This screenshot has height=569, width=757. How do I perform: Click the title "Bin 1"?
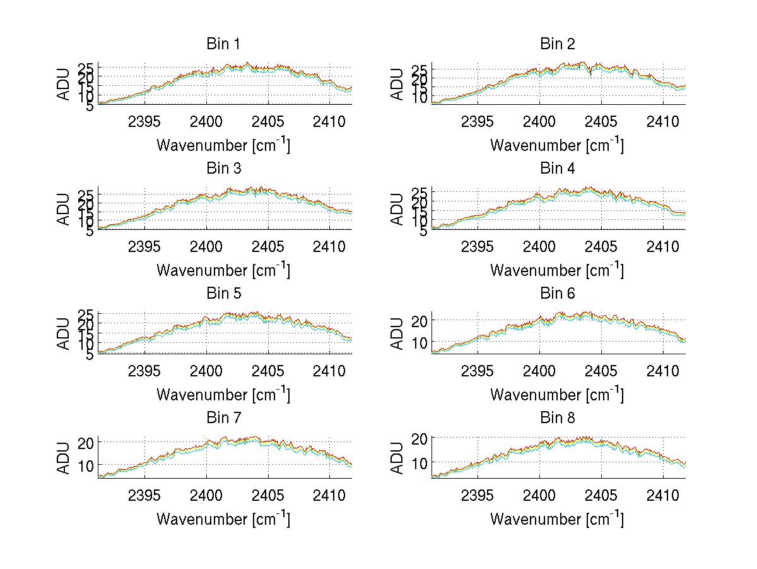[x=223, y=44]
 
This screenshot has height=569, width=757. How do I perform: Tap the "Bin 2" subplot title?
[x=557, y=44]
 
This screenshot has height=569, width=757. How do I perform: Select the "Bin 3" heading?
[x=223, y=169]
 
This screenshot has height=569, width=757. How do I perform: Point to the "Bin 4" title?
[x=557, y=169]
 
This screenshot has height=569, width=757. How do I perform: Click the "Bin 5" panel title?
[x=223, y=294]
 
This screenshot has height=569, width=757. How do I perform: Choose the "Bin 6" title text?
[x=557, y=294]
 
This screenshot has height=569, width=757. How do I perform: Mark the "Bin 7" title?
[x=223, y=418]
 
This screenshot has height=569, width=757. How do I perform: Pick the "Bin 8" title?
[x=557, y=418]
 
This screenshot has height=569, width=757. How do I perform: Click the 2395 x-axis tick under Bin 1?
[x=144, y=121]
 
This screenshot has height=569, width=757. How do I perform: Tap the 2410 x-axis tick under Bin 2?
[x=662, y=121]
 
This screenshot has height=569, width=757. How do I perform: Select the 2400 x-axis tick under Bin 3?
[x=206, y=246]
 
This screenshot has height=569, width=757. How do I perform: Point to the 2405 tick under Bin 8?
[x=601, y=495]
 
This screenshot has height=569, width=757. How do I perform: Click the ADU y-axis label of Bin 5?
[x=64, y=333]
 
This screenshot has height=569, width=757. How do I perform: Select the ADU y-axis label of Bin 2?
[x=397, y=84]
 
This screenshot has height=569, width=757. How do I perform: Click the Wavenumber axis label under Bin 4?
[x=556, y=270]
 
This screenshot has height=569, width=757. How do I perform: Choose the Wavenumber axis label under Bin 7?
[x=223, y=519]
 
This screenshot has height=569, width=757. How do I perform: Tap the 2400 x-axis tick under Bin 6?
[x=539, y=371]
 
